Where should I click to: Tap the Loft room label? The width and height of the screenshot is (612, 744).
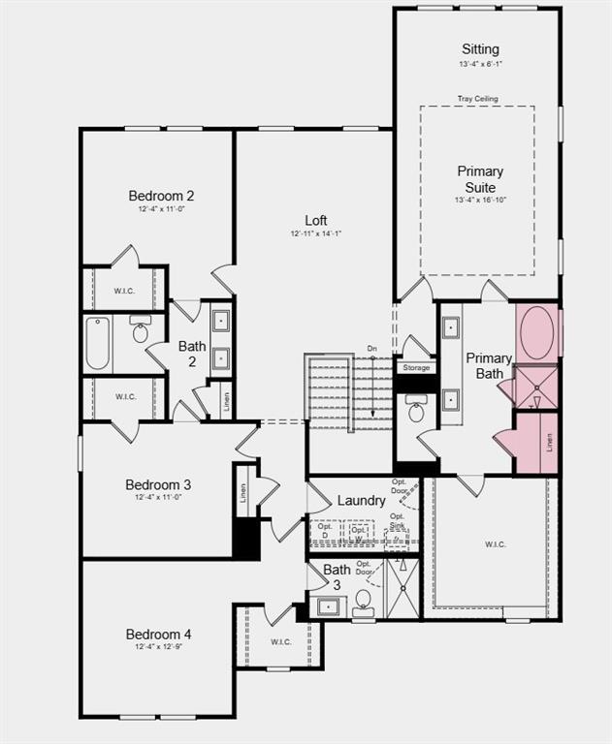[x=316, y=220]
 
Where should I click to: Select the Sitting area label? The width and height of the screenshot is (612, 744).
[x=480, y=49]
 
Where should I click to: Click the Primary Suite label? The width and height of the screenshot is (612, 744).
[x=480, y=179]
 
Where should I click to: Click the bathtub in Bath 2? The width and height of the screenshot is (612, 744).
[x=98, y=344]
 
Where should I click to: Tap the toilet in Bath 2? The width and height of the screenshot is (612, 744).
[x=140, y=331]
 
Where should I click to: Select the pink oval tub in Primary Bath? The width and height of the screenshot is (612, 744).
[x=537, y=333]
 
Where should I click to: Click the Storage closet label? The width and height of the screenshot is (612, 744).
[x=416, y=368]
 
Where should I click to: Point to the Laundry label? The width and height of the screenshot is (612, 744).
[x=361, y=501]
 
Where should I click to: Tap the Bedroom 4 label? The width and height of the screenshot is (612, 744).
[x=158, y=635]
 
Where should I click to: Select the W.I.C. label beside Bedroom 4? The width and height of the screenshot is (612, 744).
[x=280, y=641]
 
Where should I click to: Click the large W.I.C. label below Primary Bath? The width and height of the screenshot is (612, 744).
[x=495, y=544]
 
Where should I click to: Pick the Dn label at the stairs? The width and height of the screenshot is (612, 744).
[x=371, y=349]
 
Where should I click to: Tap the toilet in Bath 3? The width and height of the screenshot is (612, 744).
[x=364, y=602]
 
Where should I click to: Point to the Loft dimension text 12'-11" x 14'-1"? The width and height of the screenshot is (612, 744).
[x=316, y=233]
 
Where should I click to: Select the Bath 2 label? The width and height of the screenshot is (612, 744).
[x=191, y=354]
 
